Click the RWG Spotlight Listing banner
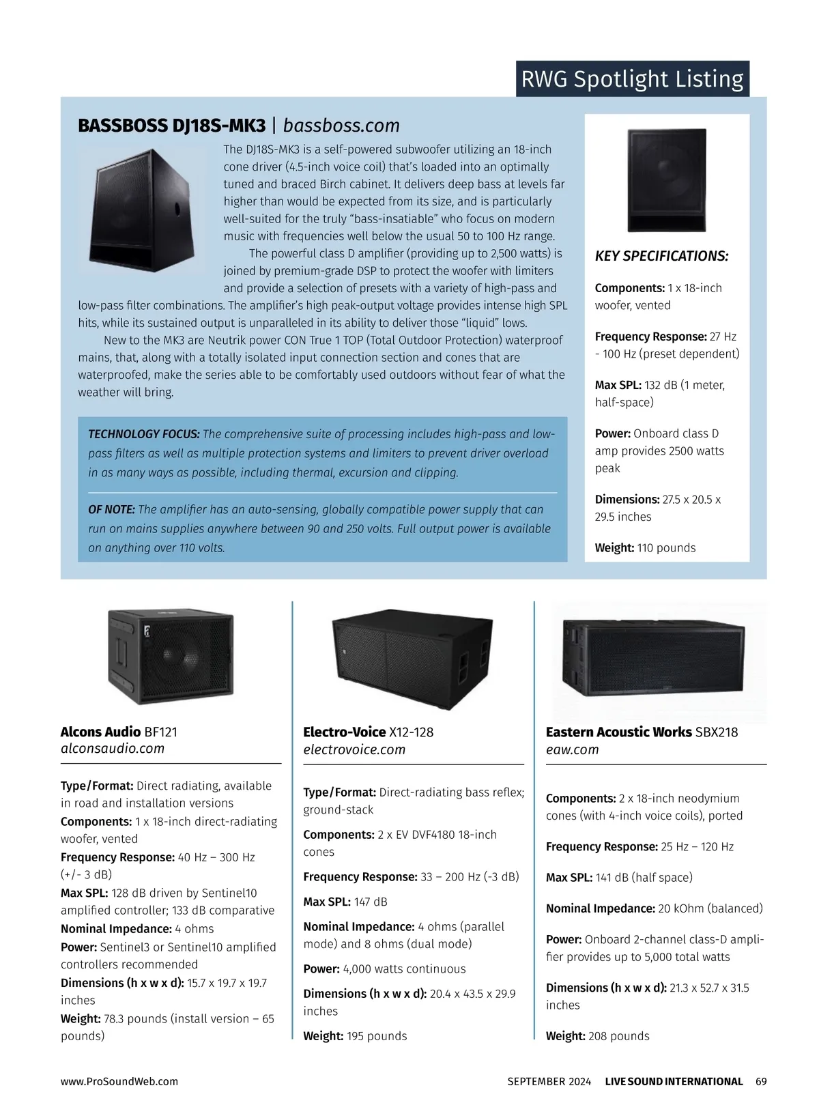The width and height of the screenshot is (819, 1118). pyautogui.click(x=632, y=79)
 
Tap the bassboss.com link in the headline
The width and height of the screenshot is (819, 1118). pyautogui.click(x=341, y=126)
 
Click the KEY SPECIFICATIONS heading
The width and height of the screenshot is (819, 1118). pyautogui.click(x=661, y=256)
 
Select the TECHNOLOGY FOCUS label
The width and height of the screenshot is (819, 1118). pyautogui.click(x=144, y=434)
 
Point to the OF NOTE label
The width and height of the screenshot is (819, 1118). pyautogui.click(x=112, y=509)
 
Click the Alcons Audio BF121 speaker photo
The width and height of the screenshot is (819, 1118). pyautogui.click(x=171, y=657)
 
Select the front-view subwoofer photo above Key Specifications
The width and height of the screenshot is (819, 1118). pyautogui.click(x=667, y=180)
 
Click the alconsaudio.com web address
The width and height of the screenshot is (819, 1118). pyautogui.click(x=113, y=749)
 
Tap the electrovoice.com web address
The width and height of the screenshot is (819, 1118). pyautogui.click(x=354, y=749)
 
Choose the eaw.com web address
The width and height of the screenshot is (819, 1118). pyautogui.click(x=572, y=749)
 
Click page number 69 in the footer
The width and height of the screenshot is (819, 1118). pyautogui.click(x=761, y=1081)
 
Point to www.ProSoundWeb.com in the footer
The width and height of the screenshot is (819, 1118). pyautogui.click(x=119, y=1081)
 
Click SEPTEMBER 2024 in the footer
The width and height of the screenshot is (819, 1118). pyautogui.click(x=549, y=1081)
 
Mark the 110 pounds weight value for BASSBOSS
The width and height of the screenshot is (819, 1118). pyautogui.click(x=666, y=547)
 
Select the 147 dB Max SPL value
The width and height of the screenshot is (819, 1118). pyautogui.click(x=371, y=902)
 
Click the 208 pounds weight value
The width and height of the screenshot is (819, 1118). pyautogui.click(x=618, y=1035)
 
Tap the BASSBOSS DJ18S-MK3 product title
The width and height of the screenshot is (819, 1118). pyautogui.click(x=172, y=126)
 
